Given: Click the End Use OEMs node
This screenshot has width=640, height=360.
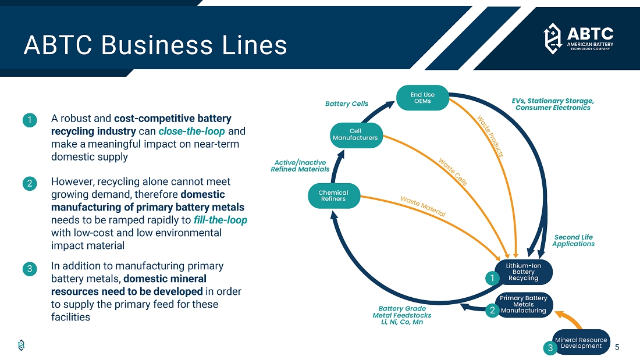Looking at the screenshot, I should [x=422, y=98].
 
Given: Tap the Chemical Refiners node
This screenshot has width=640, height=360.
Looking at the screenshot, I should [x=333, y=196].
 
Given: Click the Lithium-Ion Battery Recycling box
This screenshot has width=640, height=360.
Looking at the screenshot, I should [x=524, y=272].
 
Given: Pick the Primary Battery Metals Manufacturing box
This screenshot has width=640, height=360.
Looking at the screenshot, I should [x=524, y=304].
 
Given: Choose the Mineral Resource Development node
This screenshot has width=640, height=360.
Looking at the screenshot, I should [x=581, y=343].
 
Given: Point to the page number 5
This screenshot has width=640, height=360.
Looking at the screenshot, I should [x=617, y=347].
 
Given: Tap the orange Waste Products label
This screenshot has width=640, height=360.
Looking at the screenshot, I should [x=490, y=136].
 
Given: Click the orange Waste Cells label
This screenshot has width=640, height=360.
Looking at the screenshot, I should [x=453, y=172].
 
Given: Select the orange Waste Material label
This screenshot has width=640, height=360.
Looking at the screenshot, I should [x=423, y=206].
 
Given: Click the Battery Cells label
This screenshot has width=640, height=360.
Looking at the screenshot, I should [x=346, y=104].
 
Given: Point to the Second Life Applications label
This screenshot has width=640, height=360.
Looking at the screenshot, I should [x=573, y=241].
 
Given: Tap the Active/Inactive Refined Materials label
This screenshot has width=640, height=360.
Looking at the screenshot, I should [x=300, y=166].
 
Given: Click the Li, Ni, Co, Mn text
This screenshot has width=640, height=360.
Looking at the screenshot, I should [x=401, y=322].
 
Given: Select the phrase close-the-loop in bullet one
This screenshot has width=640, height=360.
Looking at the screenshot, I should [x=191, y=131].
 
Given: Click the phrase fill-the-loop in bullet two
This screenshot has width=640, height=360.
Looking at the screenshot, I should [x=220, y=220].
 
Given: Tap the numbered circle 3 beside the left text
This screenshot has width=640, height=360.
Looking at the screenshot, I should [x=30, y=269].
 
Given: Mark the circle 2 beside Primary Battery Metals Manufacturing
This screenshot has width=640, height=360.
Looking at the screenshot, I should [x=492, y=311].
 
